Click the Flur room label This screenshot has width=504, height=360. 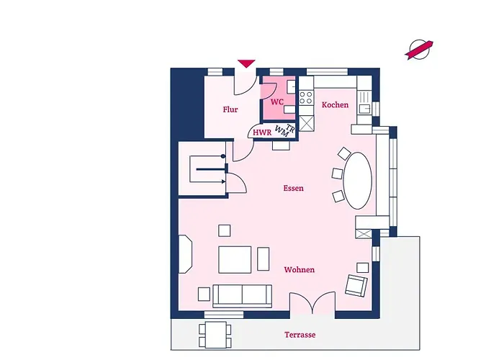tap(230, 109)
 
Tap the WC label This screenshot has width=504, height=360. tap(276, 102)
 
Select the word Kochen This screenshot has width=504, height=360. tap(335, 105)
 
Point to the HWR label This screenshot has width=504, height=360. tap(262, 132)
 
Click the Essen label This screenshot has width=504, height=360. tap(293, 188)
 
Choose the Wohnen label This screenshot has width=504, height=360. tap(300, 270)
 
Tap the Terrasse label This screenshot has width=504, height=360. tap(300, 335)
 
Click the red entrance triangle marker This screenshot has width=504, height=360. tap(246, 63)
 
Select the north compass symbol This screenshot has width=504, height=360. tap(419, 50)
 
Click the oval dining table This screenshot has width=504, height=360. tap(357, 180)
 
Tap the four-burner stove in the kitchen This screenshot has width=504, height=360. tap(306, 97)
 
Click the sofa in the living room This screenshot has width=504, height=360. tap(242, 296)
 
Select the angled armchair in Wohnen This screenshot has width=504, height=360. tap(356, 286)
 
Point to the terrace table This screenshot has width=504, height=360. tap(216, 335)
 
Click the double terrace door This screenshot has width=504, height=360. tap(312, 302)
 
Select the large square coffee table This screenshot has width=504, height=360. tap(235, 260)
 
